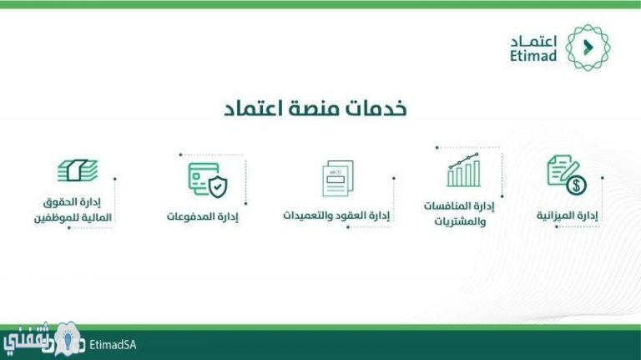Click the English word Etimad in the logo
coord(533,55)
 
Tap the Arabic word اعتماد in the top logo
coord(534,41)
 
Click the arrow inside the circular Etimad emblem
coord(588,48)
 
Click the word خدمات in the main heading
coord(376,108)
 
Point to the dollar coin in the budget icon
coord(577,185)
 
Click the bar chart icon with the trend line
coord(463,170)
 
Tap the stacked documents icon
coord(338,179)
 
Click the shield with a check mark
coord(218,187)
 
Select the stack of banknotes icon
coord(78,170)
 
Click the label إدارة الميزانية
coord(567,215)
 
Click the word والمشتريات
coord(460,221)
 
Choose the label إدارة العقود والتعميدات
coord(336,215)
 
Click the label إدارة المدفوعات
coord(202,216)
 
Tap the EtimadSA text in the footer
coord(113,345)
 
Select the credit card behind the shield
coord(202,179)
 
